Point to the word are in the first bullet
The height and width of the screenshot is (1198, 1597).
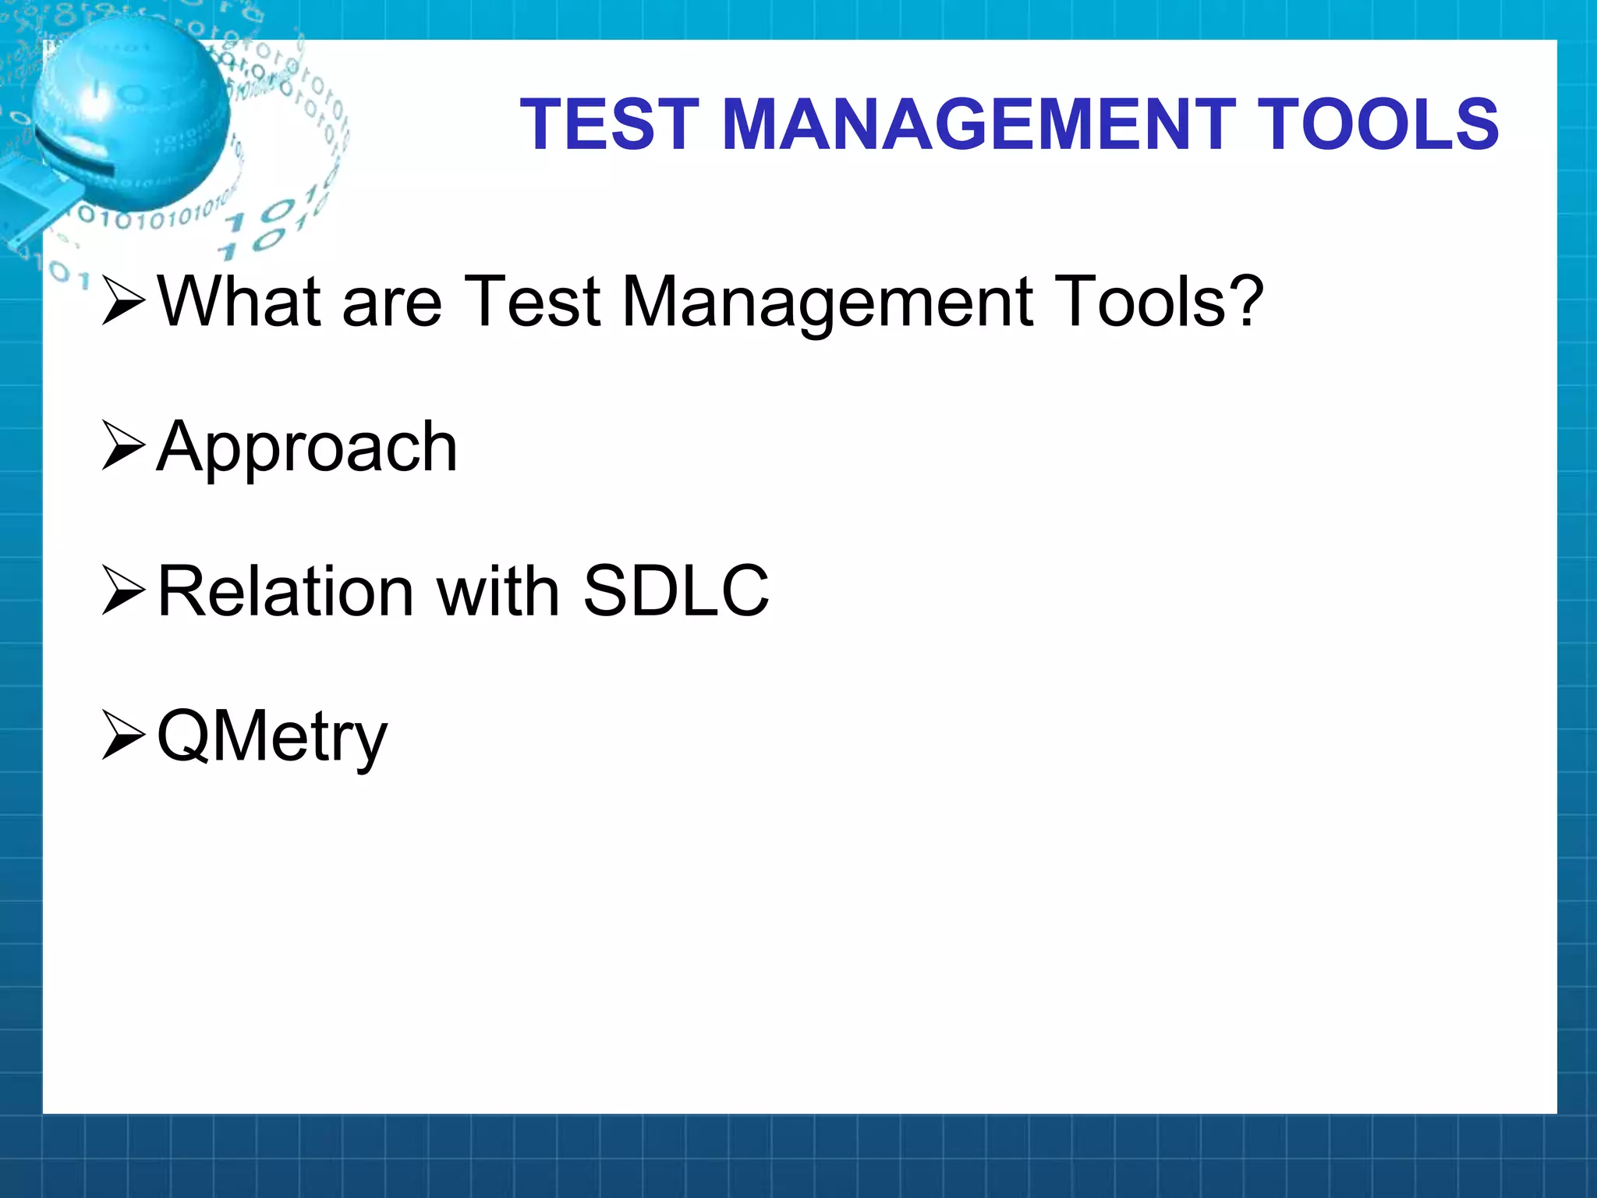(391, 303)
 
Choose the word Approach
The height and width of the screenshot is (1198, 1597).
(307, 448)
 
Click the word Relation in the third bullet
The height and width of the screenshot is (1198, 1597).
(285, 591)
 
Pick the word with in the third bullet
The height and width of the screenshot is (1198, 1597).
(498, 591)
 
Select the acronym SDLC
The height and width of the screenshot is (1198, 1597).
(675, 591)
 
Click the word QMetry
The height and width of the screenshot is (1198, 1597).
(271, 737)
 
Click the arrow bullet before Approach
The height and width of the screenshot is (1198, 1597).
(123, 446)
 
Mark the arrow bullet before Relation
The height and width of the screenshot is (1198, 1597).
(123, 591)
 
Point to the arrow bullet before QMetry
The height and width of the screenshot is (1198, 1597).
(123, 736)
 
